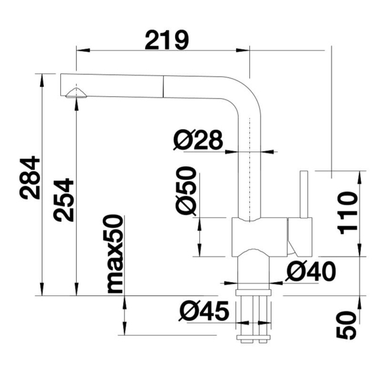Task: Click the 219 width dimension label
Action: coord(166,40)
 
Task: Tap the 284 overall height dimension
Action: coord(30,180)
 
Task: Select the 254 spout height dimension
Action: coord(61,201)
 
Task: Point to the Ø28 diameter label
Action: coord(197,140)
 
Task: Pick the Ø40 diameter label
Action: coord(309,271)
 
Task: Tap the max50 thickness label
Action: coord(114,254)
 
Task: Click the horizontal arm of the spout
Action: coord(147,85)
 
